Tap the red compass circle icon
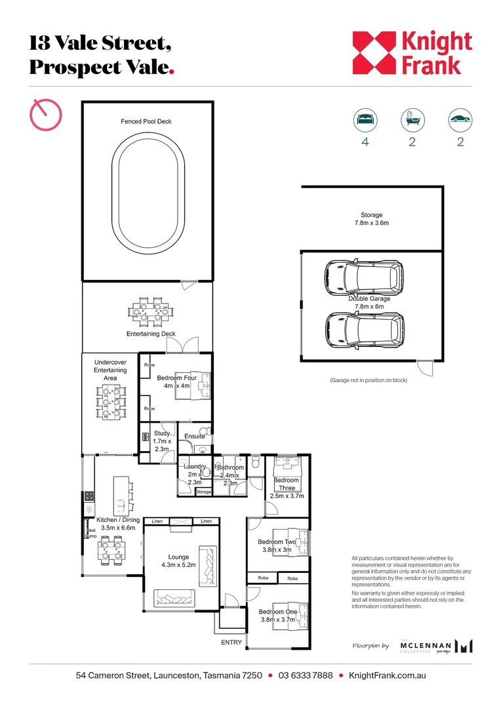(x=46, y=115)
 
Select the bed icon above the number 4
(x=365, y=120)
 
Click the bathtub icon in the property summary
(x=412, y=120)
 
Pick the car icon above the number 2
(x=460, y=120)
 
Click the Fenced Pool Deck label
(x=146, y=121)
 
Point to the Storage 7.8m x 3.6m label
(x=371, y=219)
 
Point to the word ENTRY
(x=231, y=642)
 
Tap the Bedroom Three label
(x=287, y=484)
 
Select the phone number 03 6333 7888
(x=305, y=675)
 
